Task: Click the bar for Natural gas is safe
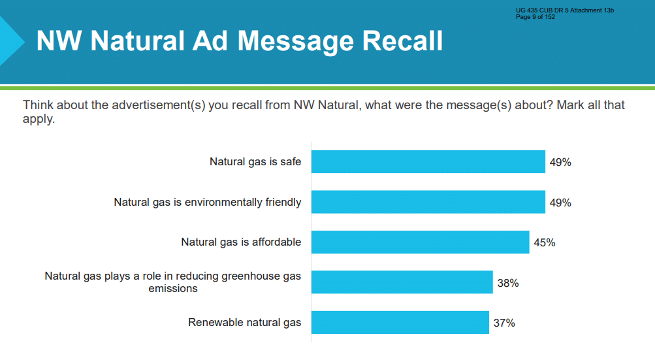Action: point(428,162)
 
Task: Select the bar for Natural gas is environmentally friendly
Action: point(428,202)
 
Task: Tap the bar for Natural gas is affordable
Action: point(421,242)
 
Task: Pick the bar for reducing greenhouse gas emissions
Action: point(402,282)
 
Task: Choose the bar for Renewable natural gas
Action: point(400,322)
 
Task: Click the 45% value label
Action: point(544,242)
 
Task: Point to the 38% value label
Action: point(508,283)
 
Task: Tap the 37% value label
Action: point(504,323)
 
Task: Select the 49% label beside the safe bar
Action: point(560,162)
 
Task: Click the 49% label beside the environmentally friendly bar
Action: point(560,203)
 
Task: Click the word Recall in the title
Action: point(402,41)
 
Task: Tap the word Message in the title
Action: point(295,42)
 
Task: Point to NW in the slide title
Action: point(59,41)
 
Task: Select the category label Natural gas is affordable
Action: point(241,242)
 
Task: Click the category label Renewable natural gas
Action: point(244,322)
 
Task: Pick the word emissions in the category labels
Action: point(173,289)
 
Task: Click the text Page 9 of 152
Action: point(535,17)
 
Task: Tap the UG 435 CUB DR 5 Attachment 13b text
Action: point(565,10)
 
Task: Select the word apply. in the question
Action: point(39,120)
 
